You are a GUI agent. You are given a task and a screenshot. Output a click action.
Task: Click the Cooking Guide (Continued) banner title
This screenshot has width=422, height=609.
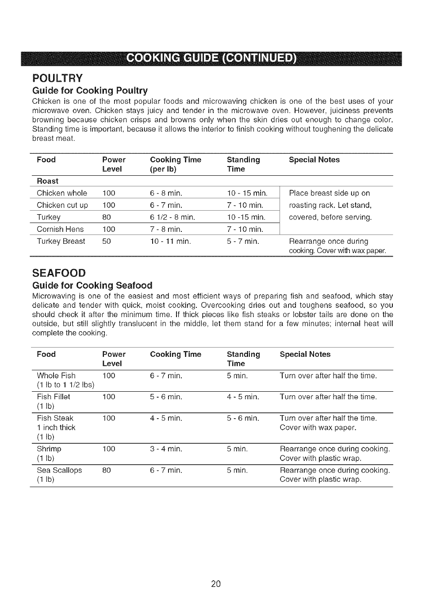[x=211, y=59]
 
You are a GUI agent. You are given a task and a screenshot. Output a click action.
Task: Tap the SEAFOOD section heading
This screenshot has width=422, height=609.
[x=59, y=272]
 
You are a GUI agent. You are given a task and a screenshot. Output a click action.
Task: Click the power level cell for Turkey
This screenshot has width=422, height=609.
[x=107, y=217]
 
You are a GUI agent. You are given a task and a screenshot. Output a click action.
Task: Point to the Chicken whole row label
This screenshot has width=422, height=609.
[x=62, y=193]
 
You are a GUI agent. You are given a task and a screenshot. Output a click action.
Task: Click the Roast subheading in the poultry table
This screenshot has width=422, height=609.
[x=47, y=181]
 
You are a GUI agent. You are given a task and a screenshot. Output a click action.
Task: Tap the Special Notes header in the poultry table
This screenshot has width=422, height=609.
[x=314, y=160]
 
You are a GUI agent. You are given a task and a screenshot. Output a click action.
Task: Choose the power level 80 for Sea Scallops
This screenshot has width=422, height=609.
[x=107, y=470]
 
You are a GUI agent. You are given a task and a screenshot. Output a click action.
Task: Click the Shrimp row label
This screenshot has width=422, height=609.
[x=49, y=449]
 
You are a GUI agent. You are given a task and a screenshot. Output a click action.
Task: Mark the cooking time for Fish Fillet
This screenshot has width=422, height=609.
[x=166, y=397]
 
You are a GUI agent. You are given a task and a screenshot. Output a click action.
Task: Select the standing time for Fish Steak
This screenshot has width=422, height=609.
[x=243, y=418]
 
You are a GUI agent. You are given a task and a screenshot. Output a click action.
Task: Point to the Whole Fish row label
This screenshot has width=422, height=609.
[x=56, y=376]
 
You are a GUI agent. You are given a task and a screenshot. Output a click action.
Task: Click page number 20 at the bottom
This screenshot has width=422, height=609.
[x=215, y=584]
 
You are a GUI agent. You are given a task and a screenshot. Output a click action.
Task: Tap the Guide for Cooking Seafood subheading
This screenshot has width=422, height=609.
[x=92, y=285]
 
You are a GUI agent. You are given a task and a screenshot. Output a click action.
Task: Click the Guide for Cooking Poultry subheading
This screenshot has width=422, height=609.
[x=90, y=91]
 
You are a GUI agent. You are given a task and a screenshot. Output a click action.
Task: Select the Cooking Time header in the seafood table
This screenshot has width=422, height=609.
[x=175, y=354]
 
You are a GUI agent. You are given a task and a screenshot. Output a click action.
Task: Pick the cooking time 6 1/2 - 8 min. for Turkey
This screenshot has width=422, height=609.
[x=172, y=217]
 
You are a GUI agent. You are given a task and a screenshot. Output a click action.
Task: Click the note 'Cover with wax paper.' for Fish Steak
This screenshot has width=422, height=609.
[x=318, y=427]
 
